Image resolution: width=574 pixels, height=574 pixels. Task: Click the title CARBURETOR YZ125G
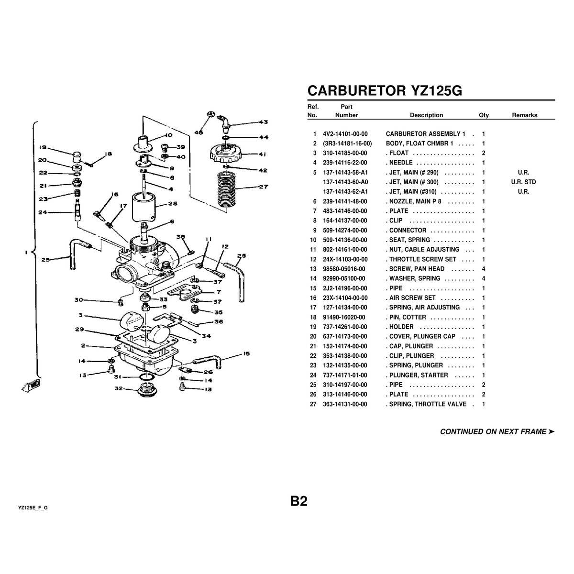(x=384, y=91)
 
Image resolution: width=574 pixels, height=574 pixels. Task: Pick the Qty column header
(x=484, y=115)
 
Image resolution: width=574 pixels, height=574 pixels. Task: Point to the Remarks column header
(x=524, y=115)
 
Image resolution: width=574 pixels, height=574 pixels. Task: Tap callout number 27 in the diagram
(x=264, y=187)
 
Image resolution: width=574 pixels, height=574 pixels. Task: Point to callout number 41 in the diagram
(x=263, y=155)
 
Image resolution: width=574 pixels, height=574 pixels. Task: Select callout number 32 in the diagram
(x=119, y=389)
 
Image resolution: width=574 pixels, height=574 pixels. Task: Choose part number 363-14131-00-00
(x=345, y=404)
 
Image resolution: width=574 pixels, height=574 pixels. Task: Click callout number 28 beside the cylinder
(x=173, y=204)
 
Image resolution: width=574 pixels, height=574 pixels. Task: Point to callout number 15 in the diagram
(x=246, y=354)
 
